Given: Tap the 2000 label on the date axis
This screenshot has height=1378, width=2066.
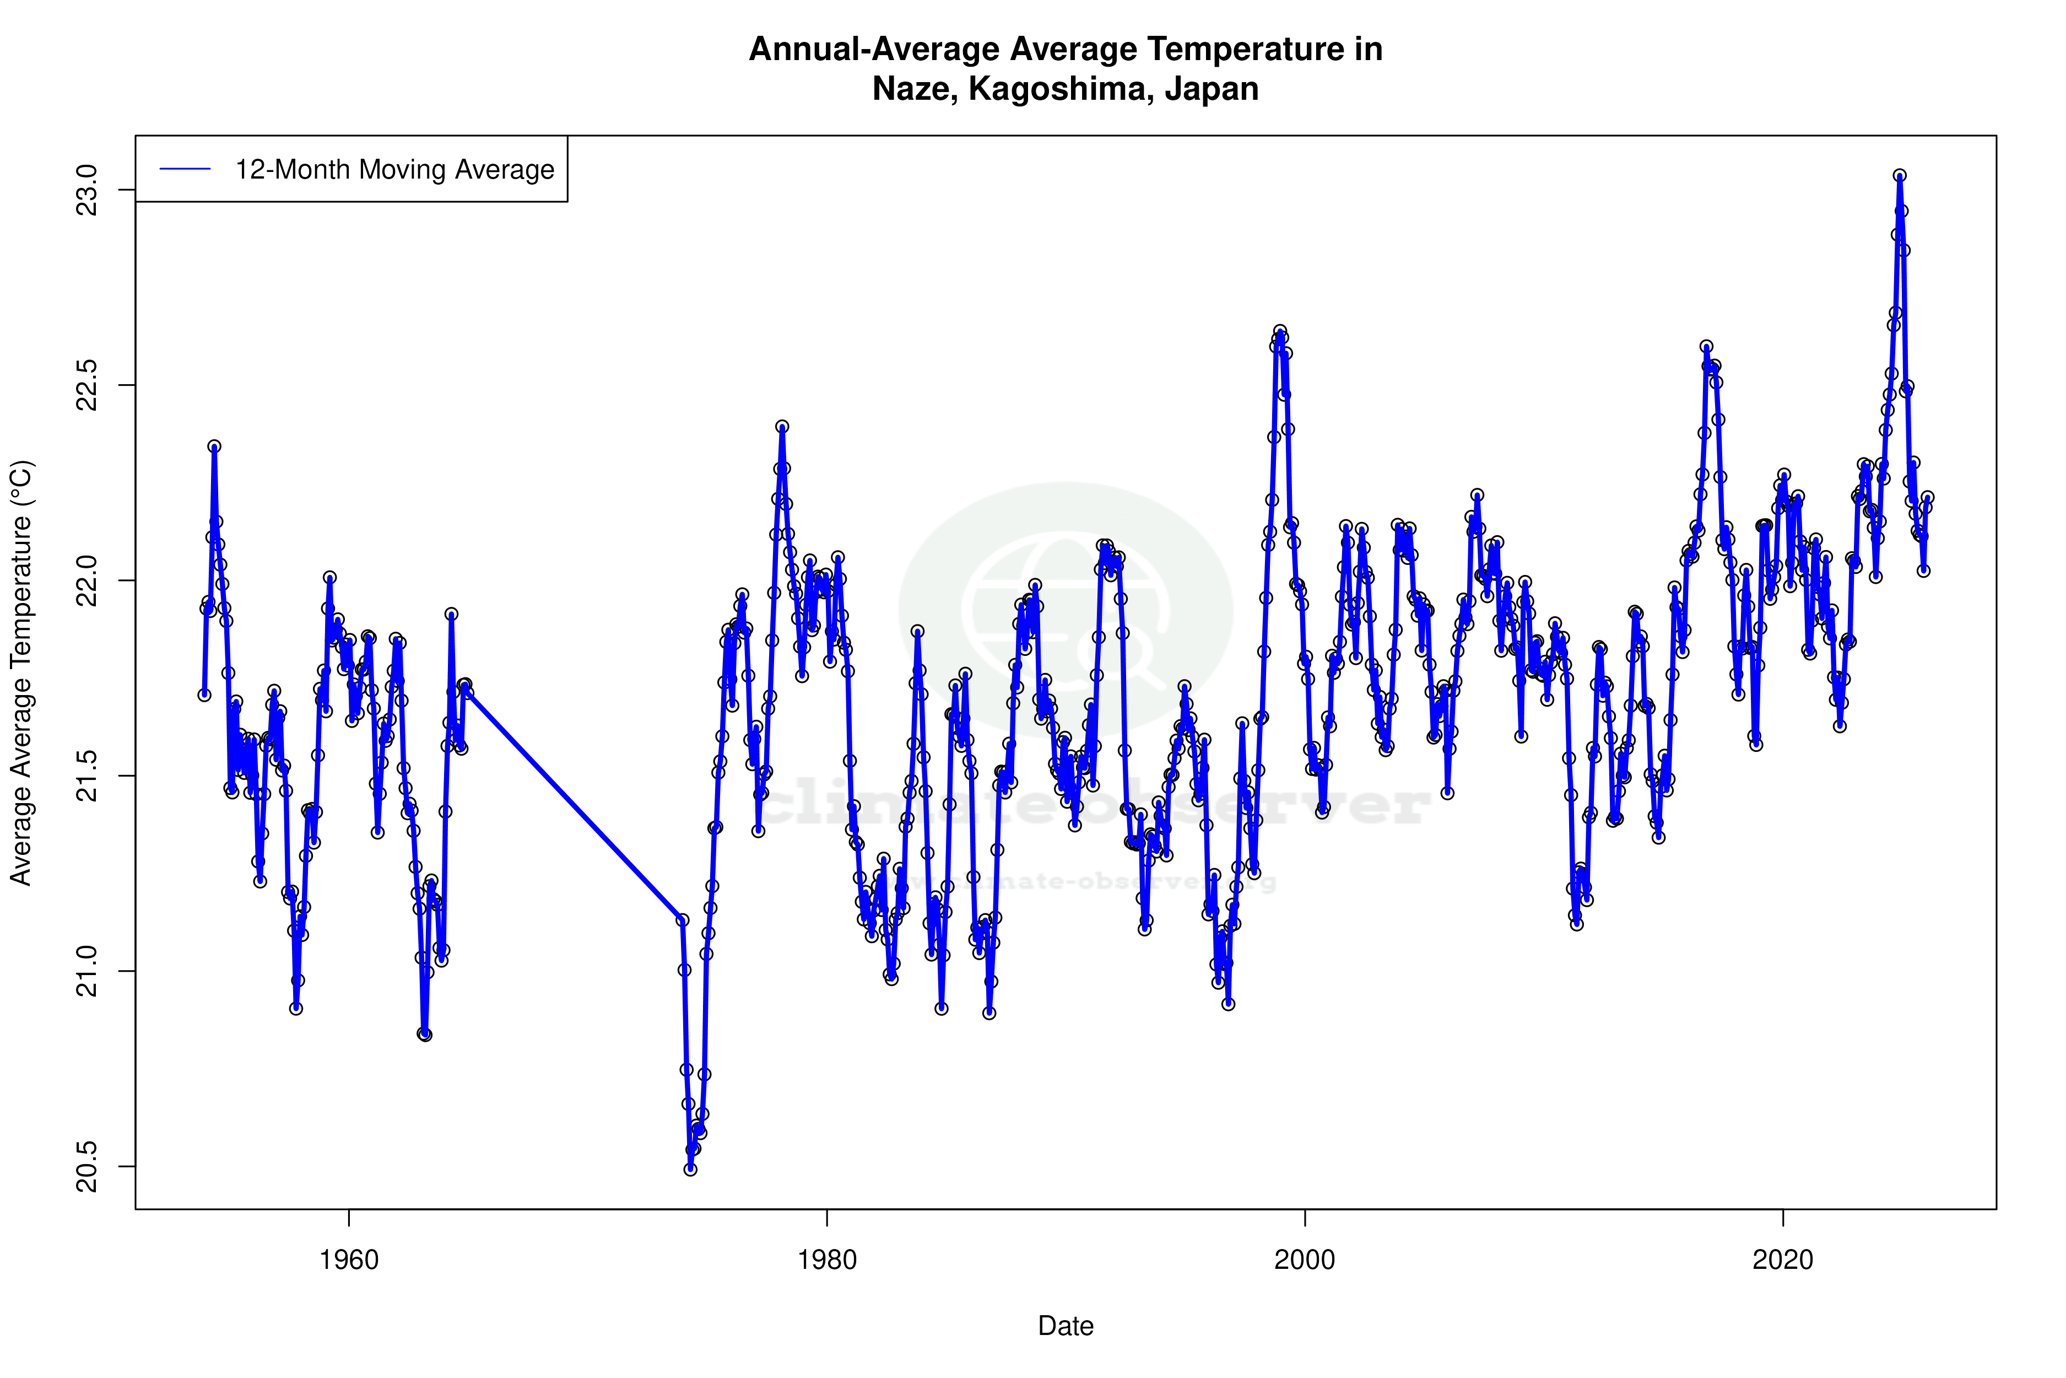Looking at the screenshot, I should tap(1305, 1260).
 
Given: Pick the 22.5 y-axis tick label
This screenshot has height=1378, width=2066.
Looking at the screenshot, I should tap(87, 385).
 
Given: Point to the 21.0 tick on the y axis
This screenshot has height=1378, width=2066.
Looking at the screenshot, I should tap(87, 971).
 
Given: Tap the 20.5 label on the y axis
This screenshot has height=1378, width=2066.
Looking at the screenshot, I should tap(87, 1166).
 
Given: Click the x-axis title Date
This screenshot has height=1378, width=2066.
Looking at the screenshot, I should tap(1066, 1326).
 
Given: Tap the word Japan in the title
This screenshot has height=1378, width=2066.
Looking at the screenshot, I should tap(1212, 89).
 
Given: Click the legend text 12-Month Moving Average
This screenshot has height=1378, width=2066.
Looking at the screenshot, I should tap(394, 170).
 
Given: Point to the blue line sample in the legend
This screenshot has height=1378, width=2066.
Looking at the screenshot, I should tap(185, 170).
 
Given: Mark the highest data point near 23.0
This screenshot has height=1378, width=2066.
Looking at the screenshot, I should tap(1899, 176).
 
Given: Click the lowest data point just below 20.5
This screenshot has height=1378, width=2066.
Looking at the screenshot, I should tap(690, 1169).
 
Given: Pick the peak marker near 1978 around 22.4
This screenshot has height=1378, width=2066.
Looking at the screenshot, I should tap(782, 426).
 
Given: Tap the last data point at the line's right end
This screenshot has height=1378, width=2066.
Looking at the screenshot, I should tap(1927, 497).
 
